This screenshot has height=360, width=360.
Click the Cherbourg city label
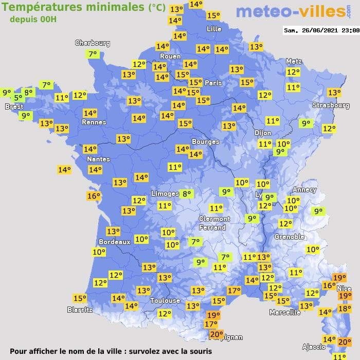pyautogui.click(x=93, y=43)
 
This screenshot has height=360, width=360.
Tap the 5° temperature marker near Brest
pyautogui.click(x=18, y=98)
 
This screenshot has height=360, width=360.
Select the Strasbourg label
pyautogui.click(x=331, y=105)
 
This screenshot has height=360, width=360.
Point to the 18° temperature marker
pyautogui.click(x=344, y=309)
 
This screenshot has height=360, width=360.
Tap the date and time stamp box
pyautogui.click(x=321, y=30)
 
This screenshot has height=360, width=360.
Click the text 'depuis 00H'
pyautogui.click(x=33, y=19)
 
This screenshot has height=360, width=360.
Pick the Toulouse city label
pyautogui.click(x=165, y=300)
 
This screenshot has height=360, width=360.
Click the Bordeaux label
pyautogui.click(x=114, y=242)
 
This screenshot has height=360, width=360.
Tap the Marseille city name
pyautogui.click(x=285, y=312)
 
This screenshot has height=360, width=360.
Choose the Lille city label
pyautogui.click(x=214, y=29)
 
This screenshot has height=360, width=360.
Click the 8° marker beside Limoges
pyautogui.click(x=186, y=194)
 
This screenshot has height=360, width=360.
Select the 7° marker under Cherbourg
pyautogui.click(x=93, y=54)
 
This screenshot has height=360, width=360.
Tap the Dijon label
pyautogui.click(x=262, y=132)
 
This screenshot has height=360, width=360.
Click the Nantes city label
pyautogui.click(x=98, y=159)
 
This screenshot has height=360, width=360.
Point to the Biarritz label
pyautogui.click(x=80, y=310)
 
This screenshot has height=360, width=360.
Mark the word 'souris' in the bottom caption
pyautogui.click(x=200, y=351)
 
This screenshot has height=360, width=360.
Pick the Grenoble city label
pyautogui.click(x=290, y=237)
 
